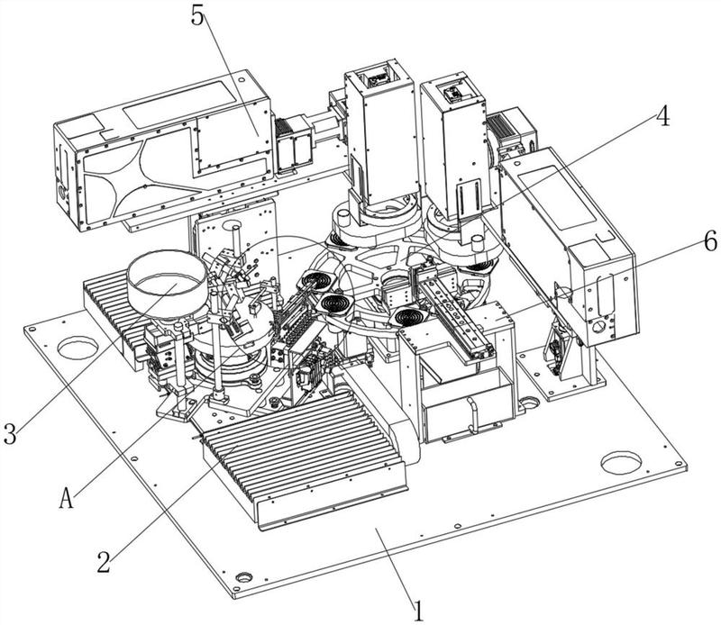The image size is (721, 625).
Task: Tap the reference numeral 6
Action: tap(685, 240)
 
